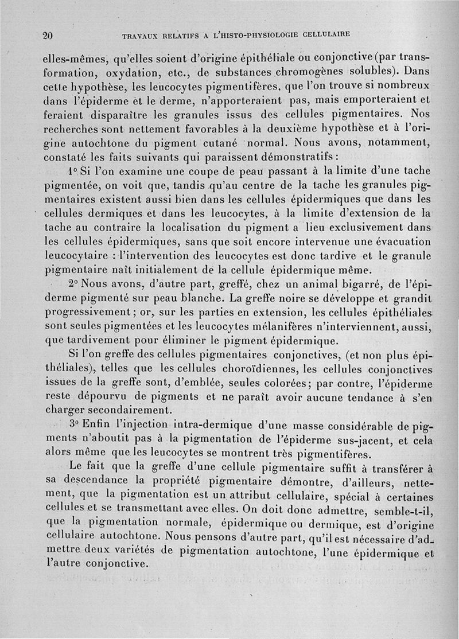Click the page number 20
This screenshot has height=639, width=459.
pos(48,34)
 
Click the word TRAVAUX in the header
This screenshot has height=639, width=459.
pos(141,35)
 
